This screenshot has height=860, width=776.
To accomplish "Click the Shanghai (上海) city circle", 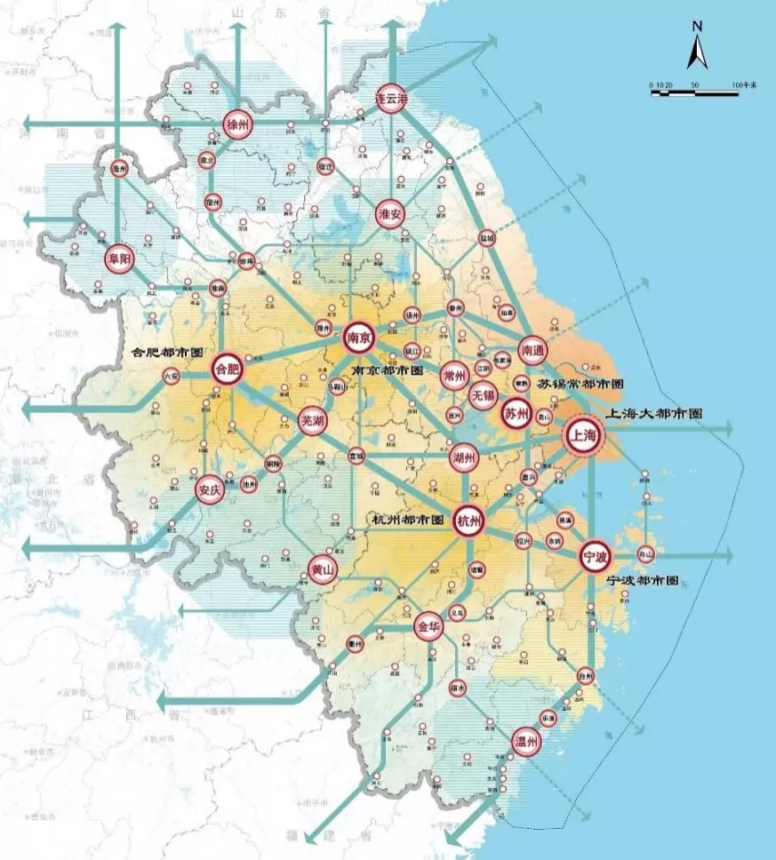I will (x=584, y=435).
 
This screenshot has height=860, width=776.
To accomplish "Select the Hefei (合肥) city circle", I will (x=227, y=368).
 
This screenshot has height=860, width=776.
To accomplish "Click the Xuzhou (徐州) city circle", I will (x=237, y=123).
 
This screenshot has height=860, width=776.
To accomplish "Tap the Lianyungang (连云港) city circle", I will (x=391, y=98).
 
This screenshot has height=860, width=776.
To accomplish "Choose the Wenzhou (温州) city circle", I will (x=526, y=742).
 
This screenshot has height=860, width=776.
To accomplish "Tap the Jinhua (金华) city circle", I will (x=428, y=626).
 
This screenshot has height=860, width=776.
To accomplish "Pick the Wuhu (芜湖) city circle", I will (x=312, y=420).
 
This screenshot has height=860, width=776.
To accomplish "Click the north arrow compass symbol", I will (x=697, y=48).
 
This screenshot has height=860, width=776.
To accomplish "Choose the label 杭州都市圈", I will (x=409, y=518).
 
